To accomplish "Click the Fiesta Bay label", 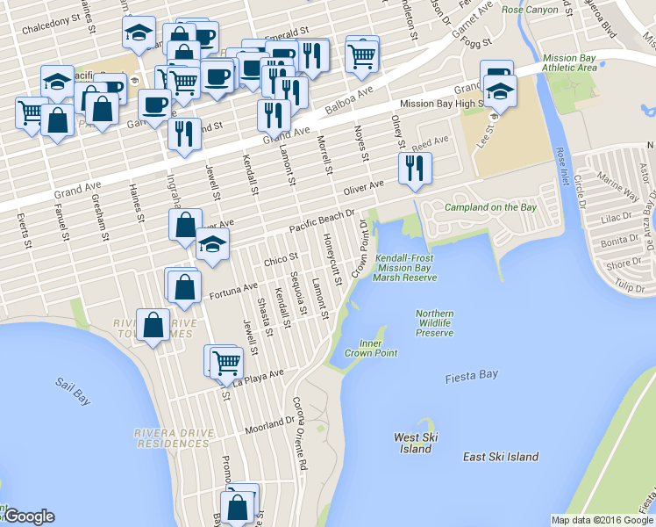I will (471, 374).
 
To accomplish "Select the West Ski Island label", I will (416, 443).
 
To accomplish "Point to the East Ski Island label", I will (501, 457).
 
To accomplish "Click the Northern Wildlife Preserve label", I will (435, 322).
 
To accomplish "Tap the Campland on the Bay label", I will (489, 207).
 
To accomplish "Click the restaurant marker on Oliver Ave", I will (415, 168).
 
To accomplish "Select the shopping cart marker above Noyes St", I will (361, 54).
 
